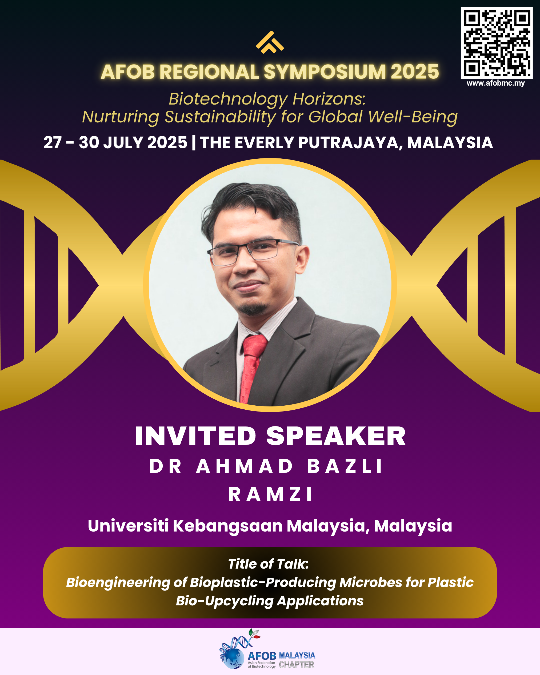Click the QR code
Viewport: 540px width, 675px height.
pyautogui.click(x=497, y=43)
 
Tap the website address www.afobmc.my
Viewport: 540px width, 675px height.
pyautogui.click(x=495, y=83)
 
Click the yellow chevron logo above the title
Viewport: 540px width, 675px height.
pyautogui.click(x=270, y=42)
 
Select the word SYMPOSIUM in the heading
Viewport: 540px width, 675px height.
pyautogui.click(x=325, y=72)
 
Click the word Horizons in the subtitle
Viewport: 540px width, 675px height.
pyautogui.click(x=329, y=99)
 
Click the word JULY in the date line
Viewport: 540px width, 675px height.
pyautogui.click(x=123, y=142)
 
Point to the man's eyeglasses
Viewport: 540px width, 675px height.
pyautogui.click(x=253, y=252)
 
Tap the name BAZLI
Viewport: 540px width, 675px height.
pyautogui.click(x=344, y=466)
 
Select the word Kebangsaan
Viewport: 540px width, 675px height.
pyautogui.click(x=228, y=526)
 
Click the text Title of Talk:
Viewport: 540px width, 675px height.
pyautogui.click(x=269, y=564)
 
